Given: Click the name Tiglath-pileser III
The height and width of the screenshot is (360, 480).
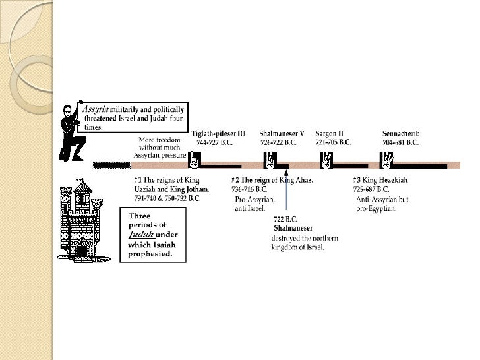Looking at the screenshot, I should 218,133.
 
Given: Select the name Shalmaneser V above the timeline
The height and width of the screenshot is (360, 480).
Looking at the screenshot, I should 282,133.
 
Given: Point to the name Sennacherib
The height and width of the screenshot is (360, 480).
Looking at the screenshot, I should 401,133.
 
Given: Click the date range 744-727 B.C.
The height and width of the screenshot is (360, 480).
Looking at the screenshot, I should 214,142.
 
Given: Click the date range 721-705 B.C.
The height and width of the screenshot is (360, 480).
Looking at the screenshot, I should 333,142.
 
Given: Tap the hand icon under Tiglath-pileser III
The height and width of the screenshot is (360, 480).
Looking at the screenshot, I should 195,160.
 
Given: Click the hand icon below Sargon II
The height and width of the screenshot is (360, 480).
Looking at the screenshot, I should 326,160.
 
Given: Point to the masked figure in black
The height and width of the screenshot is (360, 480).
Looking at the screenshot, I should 71,132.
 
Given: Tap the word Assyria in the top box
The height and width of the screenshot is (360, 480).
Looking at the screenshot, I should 95,108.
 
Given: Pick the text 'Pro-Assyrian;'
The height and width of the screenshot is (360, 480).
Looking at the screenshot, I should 255,198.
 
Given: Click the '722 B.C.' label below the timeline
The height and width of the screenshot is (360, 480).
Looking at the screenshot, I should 285,220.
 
